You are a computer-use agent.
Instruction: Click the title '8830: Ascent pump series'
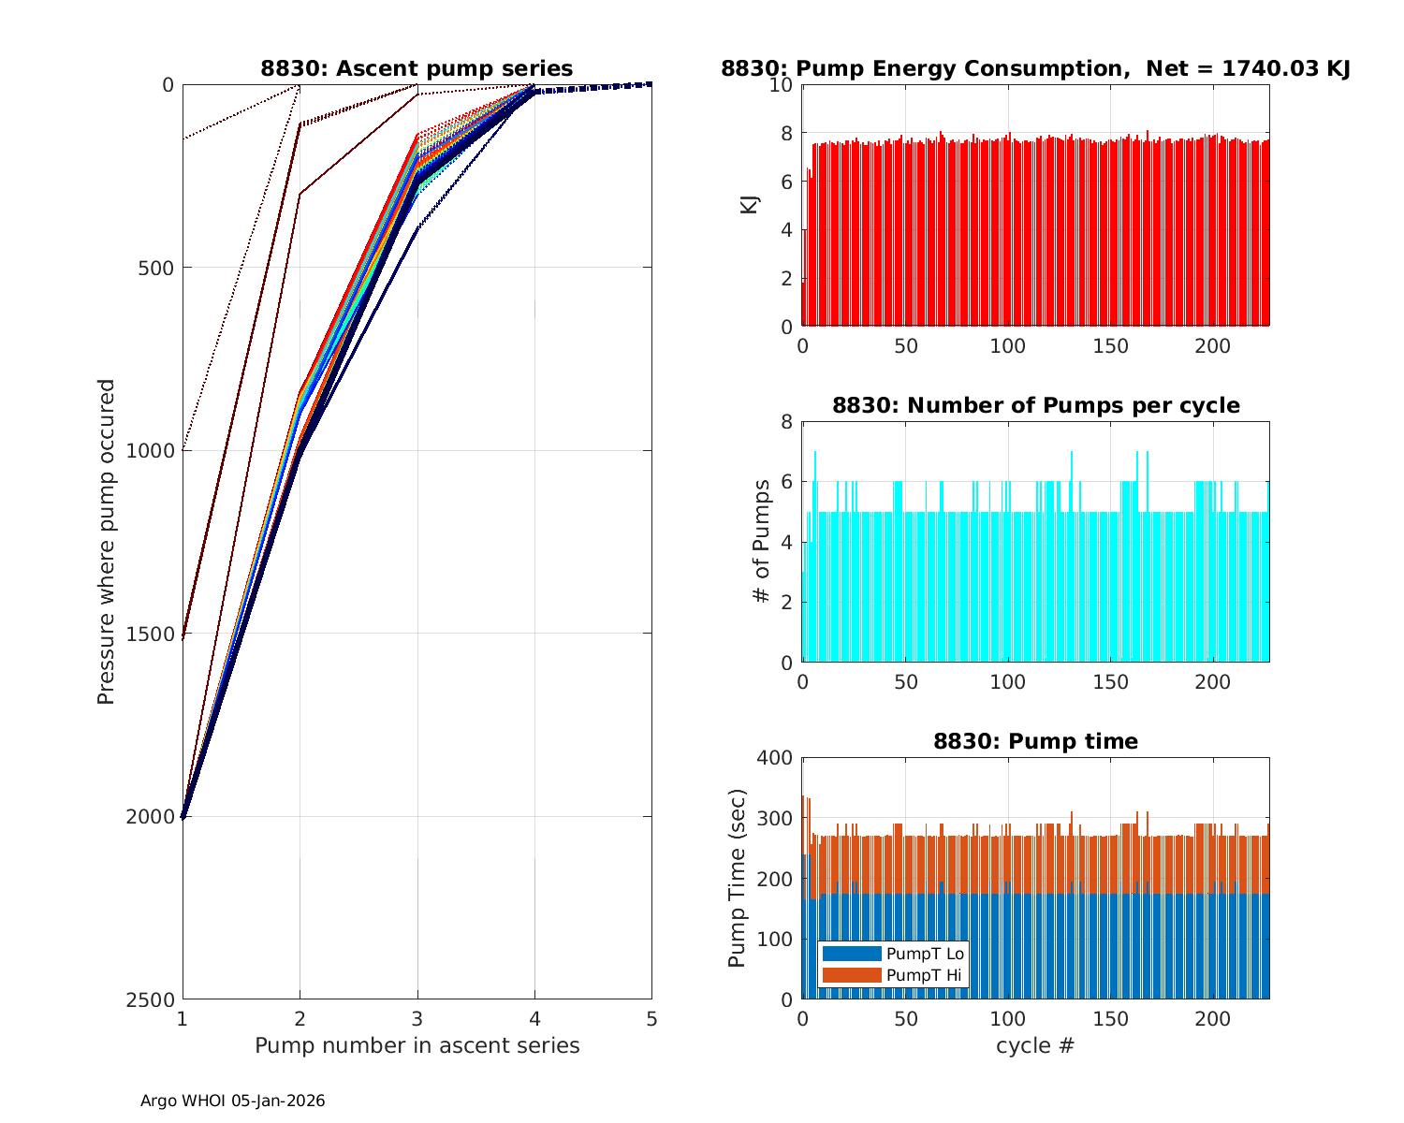(417, 68)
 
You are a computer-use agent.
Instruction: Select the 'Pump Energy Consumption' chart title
(1035, 68)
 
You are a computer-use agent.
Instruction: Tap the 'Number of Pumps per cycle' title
(1035, 405)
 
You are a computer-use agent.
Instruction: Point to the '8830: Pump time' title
(1035, 741)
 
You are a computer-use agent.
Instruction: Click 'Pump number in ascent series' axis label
(417, 1045)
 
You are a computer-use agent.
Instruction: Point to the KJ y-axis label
(749, 205)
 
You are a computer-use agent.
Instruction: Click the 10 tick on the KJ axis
(782, 85)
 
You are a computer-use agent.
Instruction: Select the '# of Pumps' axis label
(763, 542)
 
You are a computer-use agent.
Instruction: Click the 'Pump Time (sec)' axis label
(737, 879)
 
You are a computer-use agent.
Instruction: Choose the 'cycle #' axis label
(1035, 1045)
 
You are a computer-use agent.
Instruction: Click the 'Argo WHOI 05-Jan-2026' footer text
(232, 1101)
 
